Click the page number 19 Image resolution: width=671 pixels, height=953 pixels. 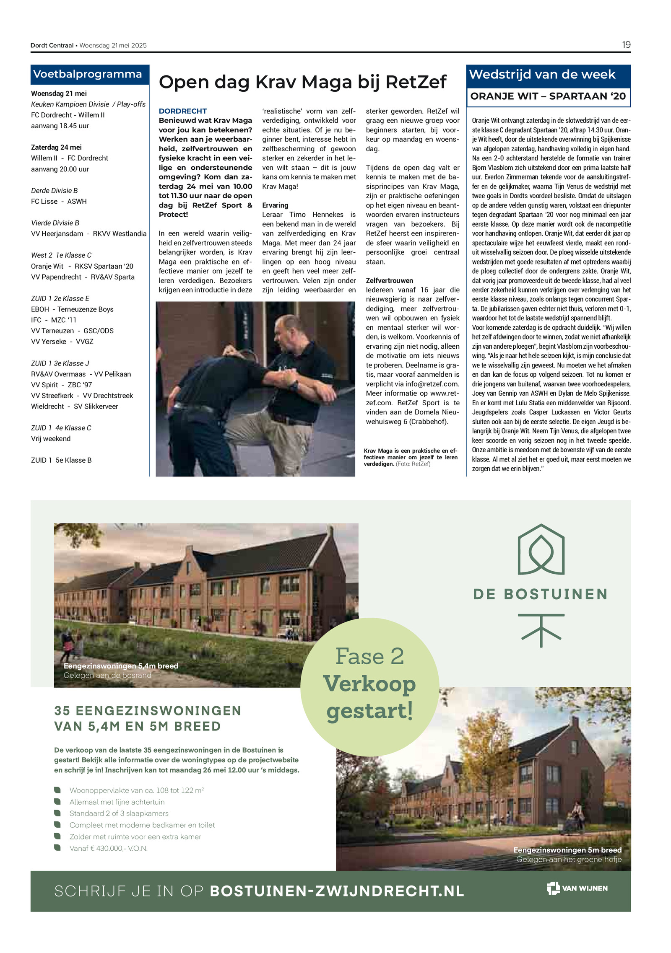[x=626, y=45]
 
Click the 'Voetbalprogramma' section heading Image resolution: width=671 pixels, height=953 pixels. [x=88, y=74]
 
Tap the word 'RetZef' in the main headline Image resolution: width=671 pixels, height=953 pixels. [x=416, y=82]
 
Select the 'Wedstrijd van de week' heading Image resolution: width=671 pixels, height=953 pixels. [x=542, y=75]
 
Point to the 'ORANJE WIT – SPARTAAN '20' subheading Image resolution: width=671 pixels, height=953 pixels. [x=548, y=96]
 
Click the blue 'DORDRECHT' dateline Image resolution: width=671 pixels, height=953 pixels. [x=182, y=111]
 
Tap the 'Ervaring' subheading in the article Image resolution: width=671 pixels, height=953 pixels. [x=275, y=205]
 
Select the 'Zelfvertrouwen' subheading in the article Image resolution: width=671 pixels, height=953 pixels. [x=389, y=280]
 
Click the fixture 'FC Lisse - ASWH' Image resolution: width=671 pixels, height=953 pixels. [x=59, y=201]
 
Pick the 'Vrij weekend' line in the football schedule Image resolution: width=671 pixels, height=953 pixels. [x=51, y=439]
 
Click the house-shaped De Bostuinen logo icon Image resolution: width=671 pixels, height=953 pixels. [x=541, y=549]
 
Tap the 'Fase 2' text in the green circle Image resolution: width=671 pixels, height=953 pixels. [x=369, y=656]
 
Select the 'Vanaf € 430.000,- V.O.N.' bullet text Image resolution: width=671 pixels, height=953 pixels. [x=109, y=848]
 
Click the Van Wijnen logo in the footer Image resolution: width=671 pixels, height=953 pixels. [x=577, y=888]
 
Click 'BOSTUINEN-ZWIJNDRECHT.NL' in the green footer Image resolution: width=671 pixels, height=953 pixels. [x=337, y=891]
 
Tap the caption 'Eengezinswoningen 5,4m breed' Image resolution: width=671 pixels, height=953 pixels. [x=121, y=666]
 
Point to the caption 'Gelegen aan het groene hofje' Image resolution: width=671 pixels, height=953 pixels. [x=569, y=859]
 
